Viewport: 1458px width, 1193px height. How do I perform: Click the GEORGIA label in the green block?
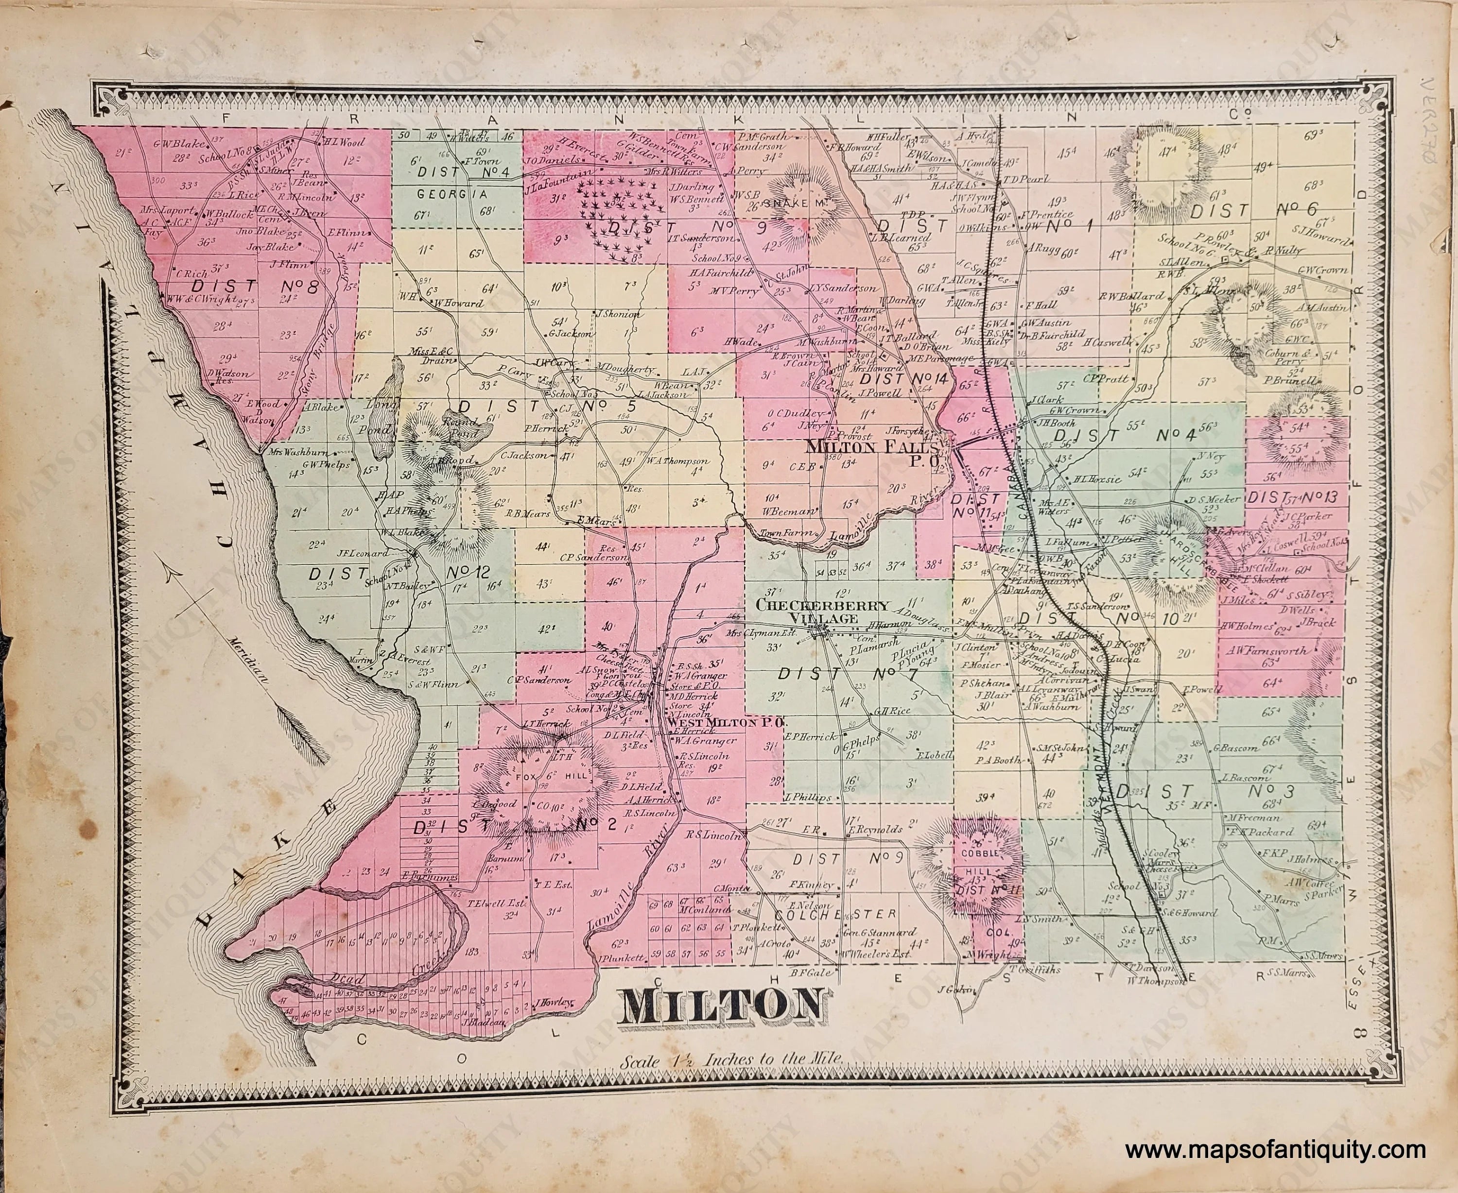coord(438,194)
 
